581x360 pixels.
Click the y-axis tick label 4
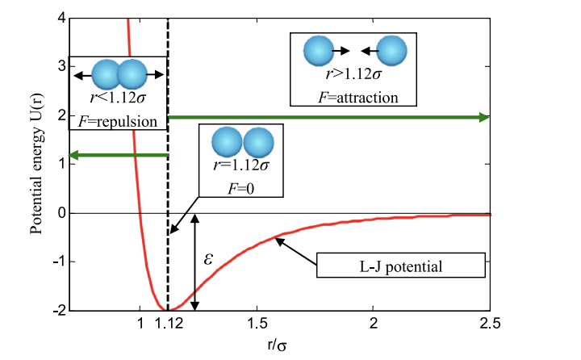tap(61, 18)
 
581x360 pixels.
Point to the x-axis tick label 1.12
tap(169, 324)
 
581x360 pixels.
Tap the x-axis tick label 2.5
tap(490, 324)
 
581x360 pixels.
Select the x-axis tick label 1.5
tap(257, 324)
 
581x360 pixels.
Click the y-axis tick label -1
tap(59, 262)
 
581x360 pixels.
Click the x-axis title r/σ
tap(277, 345)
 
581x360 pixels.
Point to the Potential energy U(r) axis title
tap(36, 163)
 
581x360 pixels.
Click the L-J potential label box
tap(401, 265)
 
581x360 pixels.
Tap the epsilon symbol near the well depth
tap(208, 258)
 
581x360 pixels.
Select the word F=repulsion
tap(118, 121)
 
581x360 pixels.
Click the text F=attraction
tap(358, 98)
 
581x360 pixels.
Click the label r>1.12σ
tap(353, 74)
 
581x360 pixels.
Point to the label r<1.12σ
tap(118, 98)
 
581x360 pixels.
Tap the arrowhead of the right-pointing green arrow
tap(484, 118)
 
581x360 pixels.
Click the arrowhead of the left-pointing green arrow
tap(74, 155)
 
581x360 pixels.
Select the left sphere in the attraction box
tap(319, 51)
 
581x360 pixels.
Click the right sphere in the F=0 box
tap(259, 142)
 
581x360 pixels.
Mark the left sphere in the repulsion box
tap(107, 74)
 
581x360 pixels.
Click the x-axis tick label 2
tap(374, 324)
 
